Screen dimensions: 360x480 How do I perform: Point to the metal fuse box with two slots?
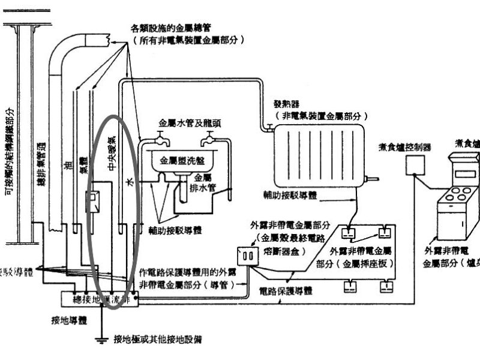click(247, 256)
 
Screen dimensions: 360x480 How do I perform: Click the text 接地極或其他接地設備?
click(158, 340)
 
